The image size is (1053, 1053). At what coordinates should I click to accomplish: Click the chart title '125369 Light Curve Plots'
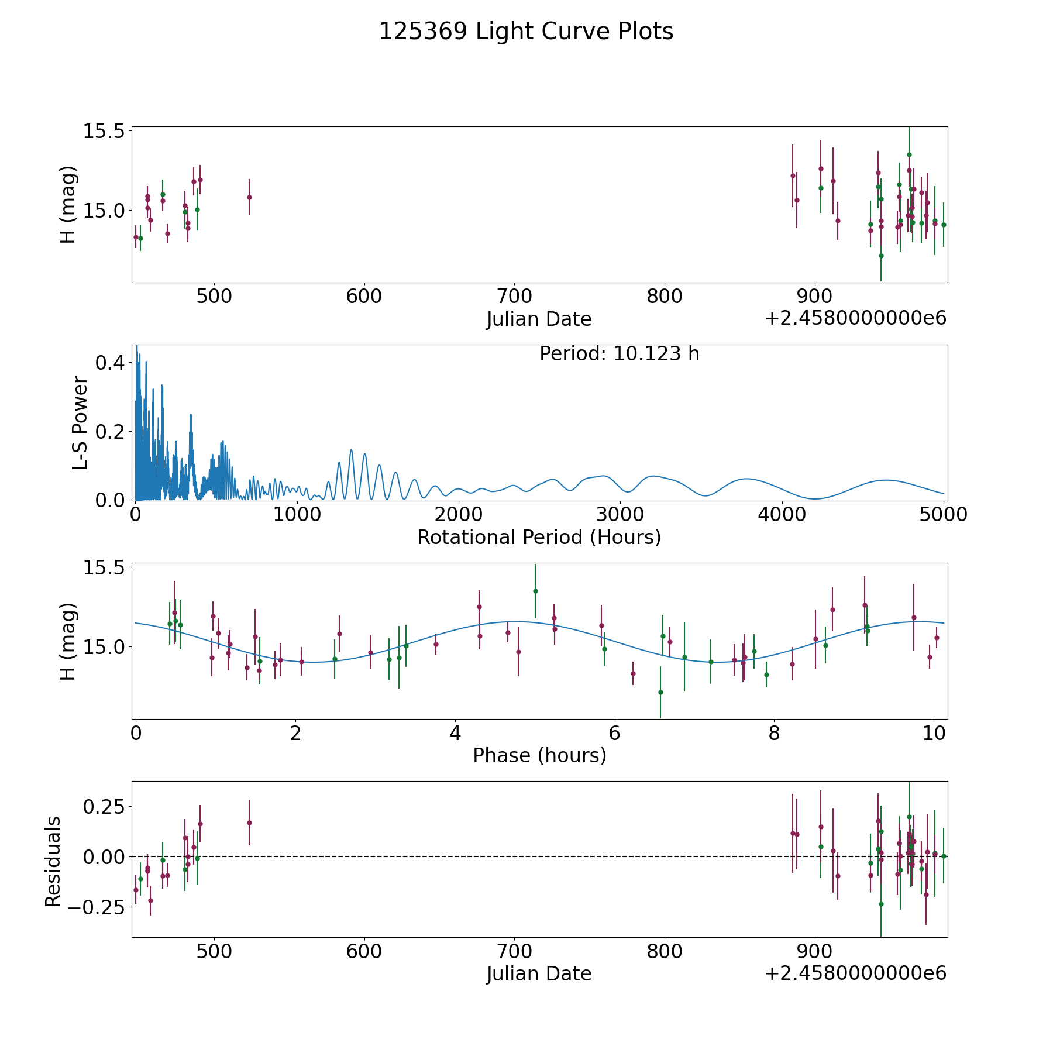point(526,32)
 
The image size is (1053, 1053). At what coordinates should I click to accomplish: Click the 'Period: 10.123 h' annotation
point(619,354)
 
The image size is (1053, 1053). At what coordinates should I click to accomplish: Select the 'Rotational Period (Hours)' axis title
point(539,537)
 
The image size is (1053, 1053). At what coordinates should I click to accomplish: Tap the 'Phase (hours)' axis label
point(539,755)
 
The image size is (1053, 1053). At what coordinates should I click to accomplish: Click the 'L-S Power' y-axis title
point(80,423)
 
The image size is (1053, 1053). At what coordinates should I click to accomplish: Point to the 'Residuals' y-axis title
point(53,862)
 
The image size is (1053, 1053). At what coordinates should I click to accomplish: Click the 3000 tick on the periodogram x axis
point(620,514)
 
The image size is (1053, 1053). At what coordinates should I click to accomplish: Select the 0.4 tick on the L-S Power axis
point(110,363)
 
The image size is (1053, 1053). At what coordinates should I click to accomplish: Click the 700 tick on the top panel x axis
point(514,296)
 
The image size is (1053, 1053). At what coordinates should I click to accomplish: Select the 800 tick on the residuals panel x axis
point(665,951)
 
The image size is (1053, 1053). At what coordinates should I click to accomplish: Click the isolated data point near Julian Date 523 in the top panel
point(249,197)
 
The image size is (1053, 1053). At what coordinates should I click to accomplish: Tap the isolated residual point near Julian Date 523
point(249,823)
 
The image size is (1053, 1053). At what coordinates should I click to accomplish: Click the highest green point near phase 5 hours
point(535,591)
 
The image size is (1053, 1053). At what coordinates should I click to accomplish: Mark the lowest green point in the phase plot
point(660,692)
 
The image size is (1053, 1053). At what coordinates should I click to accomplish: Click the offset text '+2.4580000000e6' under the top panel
point(855,318)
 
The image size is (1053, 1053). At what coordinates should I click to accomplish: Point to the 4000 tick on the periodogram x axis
point(782,514)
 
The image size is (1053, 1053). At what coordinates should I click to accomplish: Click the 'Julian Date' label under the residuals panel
point(539,973)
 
